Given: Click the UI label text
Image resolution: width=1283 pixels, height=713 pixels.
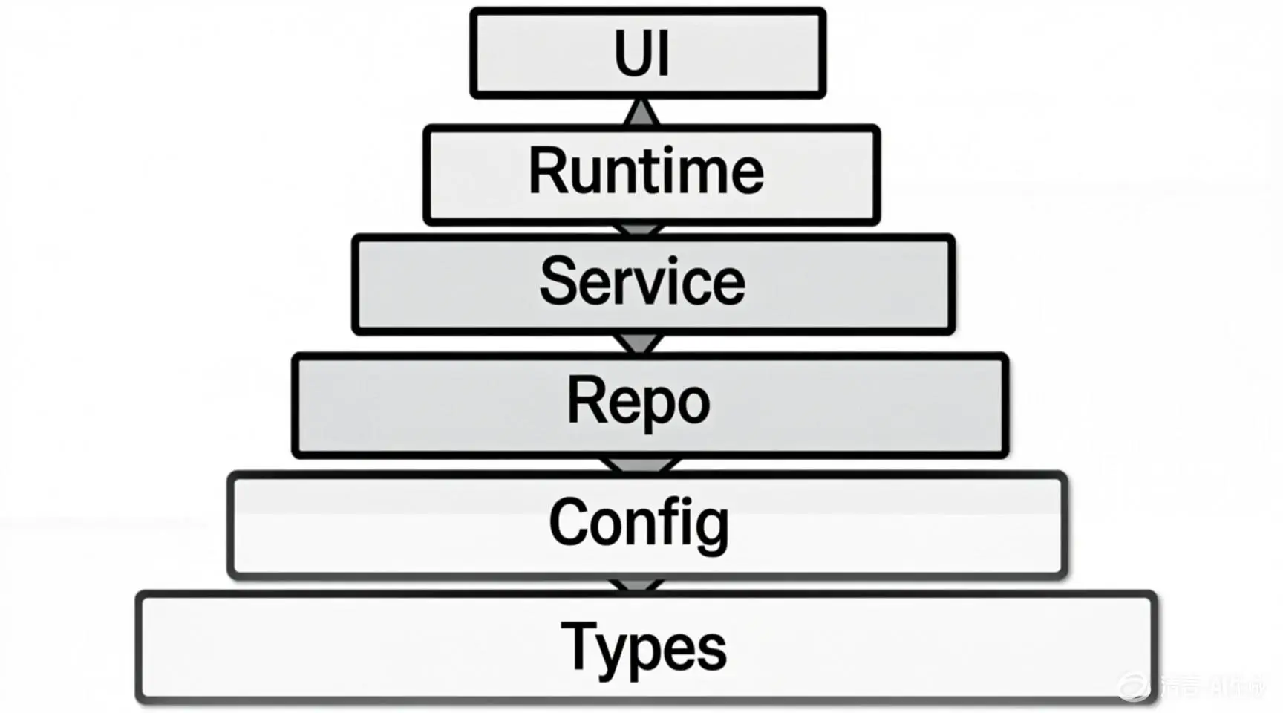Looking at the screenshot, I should pyautogui.click(x=642, y=53).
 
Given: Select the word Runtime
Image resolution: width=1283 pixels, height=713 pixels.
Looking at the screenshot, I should pyautogui.click(x=646, y=172).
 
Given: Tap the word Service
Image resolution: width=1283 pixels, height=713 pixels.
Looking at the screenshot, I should pyautogui.click(x=642, y=281).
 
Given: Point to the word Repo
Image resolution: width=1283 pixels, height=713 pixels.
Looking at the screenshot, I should pyautogui.click(x=639, y=401).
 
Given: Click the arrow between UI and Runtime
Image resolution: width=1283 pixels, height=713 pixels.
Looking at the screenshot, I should pyautogui.click(x=641, y=112).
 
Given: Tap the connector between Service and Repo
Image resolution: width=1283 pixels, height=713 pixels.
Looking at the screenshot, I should pyautogui.click(x=639, y=343).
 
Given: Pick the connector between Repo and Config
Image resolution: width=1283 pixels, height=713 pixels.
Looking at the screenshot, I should pyautogui.click(x=639, y=465).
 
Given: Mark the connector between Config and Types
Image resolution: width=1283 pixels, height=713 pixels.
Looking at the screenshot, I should pyautogui.click(x=637, y=585).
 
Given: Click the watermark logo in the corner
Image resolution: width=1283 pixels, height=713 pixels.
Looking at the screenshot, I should pyautogui.click(x=1134, y=686).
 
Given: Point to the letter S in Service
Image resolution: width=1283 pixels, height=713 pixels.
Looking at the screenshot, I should pyautogui.click(x=558, y=281).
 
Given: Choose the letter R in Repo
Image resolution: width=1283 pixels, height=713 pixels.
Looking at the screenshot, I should pyautogui.click(x=584, y=400).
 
